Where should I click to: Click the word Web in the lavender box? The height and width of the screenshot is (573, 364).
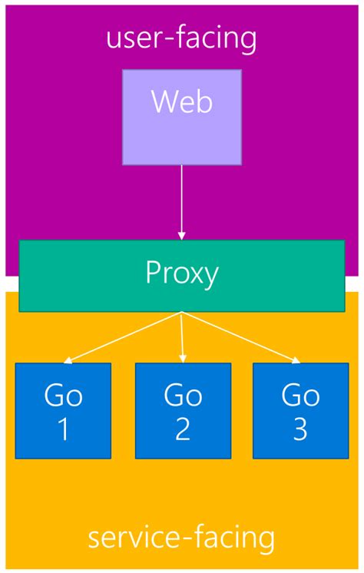pos(182,102)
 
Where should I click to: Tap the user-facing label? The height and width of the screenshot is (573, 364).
pos(182,38)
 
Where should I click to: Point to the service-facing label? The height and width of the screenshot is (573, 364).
pos(181,537)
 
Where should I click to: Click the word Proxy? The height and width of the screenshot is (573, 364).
pos(182,273)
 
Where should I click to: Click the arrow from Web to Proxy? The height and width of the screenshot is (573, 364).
pos(182,200)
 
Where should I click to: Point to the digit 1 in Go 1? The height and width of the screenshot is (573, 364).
pos(63,429)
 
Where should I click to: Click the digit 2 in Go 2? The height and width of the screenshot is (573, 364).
pos(183,429)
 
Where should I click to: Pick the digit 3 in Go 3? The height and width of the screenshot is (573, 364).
pos(300,429)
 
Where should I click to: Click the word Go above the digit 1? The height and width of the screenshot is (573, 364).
pos(63,395)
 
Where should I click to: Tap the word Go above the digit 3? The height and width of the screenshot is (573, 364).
pos(300,395)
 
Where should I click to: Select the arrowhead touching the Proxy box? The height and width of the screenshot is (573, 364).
pos(182,236)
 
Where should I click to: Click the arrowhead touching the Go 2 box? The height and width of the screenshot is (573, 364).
pos(184,358)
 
